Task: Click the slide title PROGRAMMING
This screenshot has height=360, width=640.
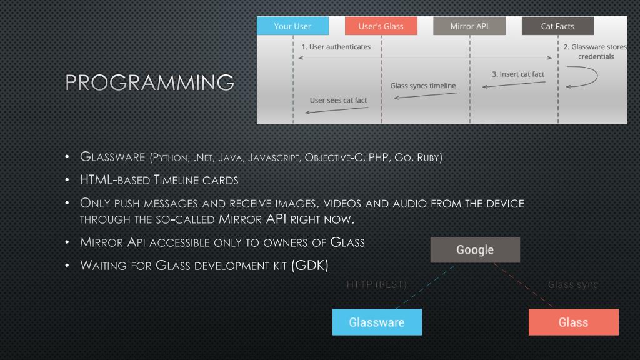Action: (x=150, y=82)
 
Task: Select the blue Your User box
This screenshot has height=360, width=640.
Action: (x=292, y=26)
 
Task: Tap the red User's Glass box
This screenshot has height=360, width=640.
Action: (x=381, y=26)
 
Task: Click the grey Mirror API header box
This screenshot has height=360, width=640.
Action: (x=469, y=26)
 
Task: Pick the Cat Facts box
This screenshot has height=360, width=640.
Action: (x=557, y=26)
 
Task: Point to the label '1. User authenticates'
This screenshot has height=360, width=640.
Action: (x=336, y=47)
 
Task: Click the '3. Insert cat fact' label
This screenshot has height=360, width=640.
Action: (x=517, y=74)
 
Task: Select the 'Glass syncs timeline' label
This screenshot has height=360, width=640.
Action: (x=423, y=86)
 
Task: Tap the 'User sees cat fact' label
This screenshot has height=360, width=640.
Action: (x=338, y=100)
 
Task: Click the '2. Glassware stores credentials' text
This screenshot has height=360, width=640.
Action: (x=598, y=52)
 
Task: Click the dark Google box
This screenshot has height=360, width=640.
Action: (x=475, y=250)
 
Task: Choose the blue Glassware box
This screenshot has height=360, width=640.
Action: (x=377, y=322)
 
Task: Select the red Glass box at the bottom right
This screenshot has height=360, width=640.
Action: (x=573, y=322)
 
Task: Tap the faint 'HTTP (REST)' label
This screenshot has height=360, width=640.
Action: (x=376, y=285)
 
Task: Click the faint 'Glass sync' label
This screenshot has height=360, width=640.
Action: (x=572, y=285)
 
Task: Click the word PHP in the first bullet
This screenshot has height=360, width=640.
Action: (x=377, y=157)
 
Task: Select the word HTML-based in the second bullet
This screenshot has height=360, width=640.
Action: (x=114, y=180)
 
